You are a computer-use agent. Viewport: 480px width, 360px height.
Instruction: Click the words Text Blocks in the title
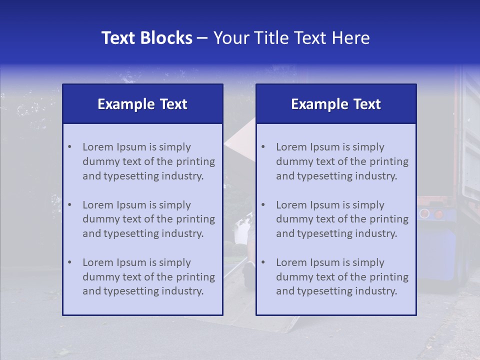click(146, 38)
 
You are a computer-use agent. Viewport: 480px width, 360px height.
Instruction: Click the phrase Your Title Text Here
click(291, 38)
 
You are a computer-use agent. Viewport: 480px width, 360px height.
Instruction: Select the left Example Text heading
click(142, 104)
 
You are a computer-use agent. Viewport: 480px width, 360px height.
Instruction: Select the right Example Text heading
click(336, 104)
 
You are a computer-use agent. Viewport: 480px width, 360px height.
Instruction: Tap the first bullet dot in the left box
click(69, 147)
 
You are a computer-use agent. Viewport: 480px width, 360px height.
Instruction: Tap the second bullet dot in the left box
click(69, 205)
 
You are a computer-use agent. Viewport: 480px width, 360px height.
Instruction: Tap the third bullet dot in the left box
click(69, 262)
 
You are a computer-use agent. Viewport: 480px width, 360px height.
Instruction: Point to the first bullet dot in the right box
click(263, 147)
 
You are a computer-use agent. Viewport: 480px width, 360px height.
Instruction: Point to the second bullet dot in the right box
click(263, 205)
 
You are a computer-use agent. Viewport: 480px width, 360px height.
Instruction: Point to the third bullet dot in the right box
click(263, 262)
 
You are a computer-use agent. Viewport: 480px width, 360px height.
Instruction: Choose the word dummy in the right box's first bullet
click(292, 161)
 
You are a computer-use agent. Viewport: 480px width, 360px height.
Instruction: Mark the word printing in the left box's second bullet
click(196, 219)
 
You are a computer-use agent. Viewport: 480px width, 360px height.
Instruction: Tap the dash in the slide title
click(203, 38)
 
